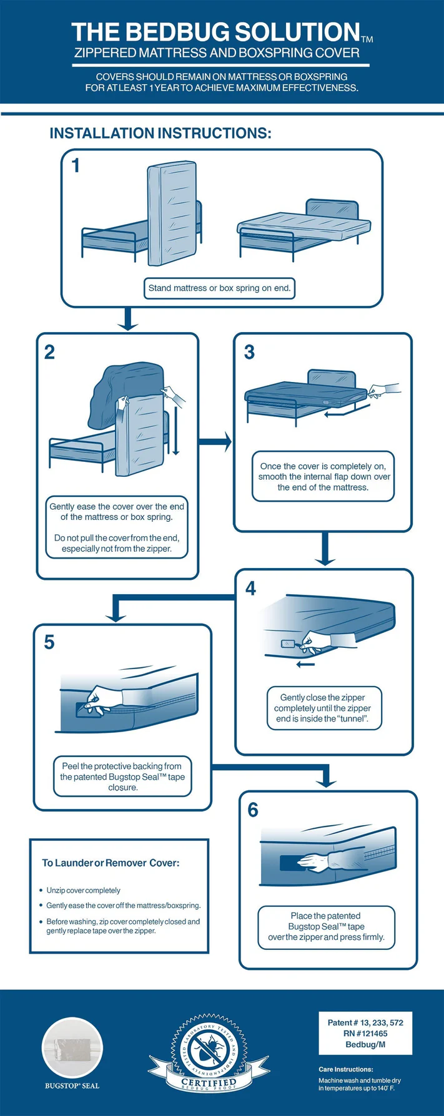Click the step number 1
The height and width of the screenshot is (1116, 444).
click(76, 165)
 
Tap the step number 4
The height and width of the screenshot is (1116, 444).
click(250, 588)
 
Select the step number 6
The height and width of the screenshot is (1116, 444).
click(253, 810)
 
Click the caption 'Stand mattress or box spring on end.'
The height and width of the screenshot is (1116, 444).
click(219, 288)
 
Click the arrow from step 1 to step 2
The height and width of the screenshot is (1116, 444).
click(128, 319)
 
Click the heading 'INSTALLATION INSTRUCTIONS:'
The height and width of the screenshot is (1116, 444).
click(160, 134)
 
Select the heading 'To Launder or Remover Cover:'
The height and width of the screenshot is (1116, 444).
click(111, 863)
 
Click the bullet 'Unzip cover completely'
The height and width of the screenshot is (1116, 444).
click(83, 890)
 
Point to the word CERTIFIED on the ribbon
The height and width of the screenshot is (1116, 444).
click(209, 1082)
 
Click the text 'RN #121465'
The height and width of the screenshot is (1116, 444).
click(365, 1034)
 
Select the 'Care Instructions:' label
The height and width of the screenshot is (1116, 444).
click(345, 1069)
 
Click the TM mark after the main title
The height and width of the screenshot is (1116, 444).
click(367, 39)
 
